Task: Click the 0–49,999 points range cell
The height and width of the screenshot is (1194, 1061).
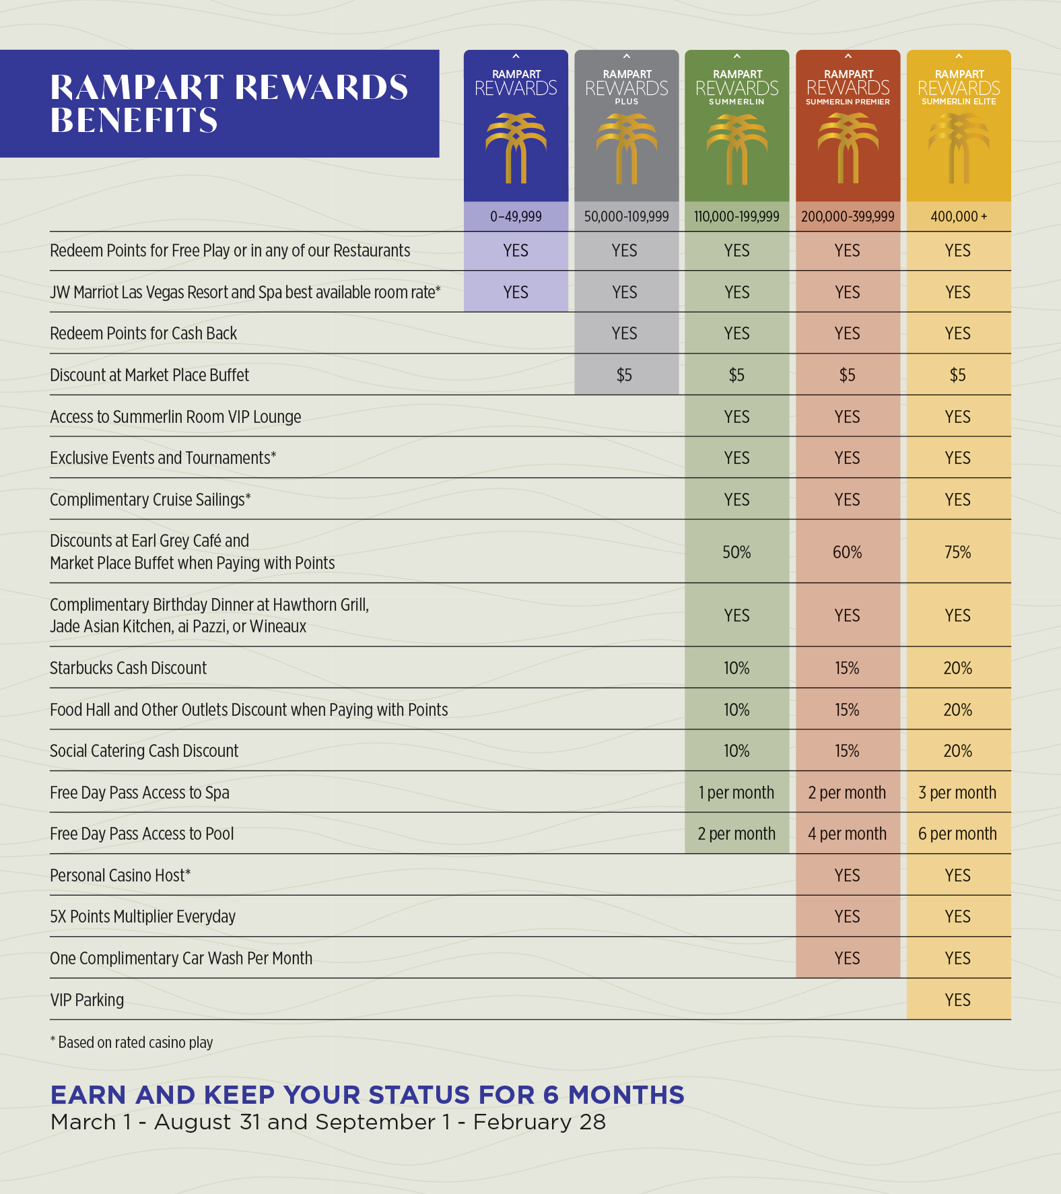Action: pyautogui.click(x=516, y=216)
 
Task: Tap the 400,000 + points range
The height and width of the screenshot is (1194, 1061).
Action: pyautogui.click(x=959, y=216)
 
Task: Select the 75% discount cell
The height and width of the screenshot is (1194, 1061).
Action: pyautogui.click(x=957, y=552)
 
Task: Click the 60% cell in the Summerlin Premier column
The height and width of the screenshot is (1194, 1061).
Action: pyautogui.click(x=847, y=552)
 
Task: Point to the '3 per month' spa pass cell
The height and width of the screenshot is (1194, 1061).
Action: pyautogui.click(x=957, y=793)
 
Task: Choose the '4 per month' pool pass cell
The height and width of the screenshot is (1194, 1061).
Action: pyautogui.click(x=847, y=834)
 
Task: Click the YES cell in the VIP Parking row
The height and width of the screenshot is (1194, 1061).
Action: pyautogui.click(x=957, y=1000)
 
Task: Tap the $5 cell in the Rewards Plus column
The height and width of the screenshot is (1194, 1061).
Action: pyautogui.click(x=624, y=375)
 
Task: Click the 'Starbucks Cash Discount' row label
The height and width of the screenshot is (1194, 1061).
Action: pyautogui.click(x=128, y=668)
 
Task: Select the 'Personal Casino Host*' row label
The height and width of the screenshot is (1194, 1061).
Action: pyautogui.click(x=121, y=875)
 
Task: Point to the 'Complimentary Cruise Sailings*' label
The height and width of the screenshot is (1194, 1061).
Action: pyautogui.click(x=150, y=500)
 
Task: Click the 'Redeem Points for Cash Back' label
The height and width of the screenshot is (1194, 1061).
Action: pyautogui.click(x=143, y=333)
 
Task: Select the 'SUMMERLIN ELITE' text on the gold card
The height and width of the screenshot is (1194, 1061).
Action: pyautogui.click(x=959, y=102)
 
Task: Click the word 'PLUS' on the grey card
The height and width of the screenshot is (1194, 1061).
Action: pyautogui.click(x=626, y=102)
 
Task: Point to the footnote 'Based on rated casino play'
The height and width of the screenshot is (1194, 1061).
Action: pyautogui.click(x=135, y=1042)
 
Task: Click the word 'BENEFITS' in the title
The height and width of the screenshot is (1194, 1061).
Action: pyautogui.click(x=134, y=121)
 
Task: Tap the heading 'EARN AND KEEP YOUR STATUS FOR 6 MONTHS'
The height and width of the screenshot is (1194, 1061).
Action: pyautogui.click(x=367, y=1095)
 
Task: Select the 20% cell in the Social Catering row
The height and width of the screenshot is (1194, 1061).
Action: pyautogui.click(x=957, y=751)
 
